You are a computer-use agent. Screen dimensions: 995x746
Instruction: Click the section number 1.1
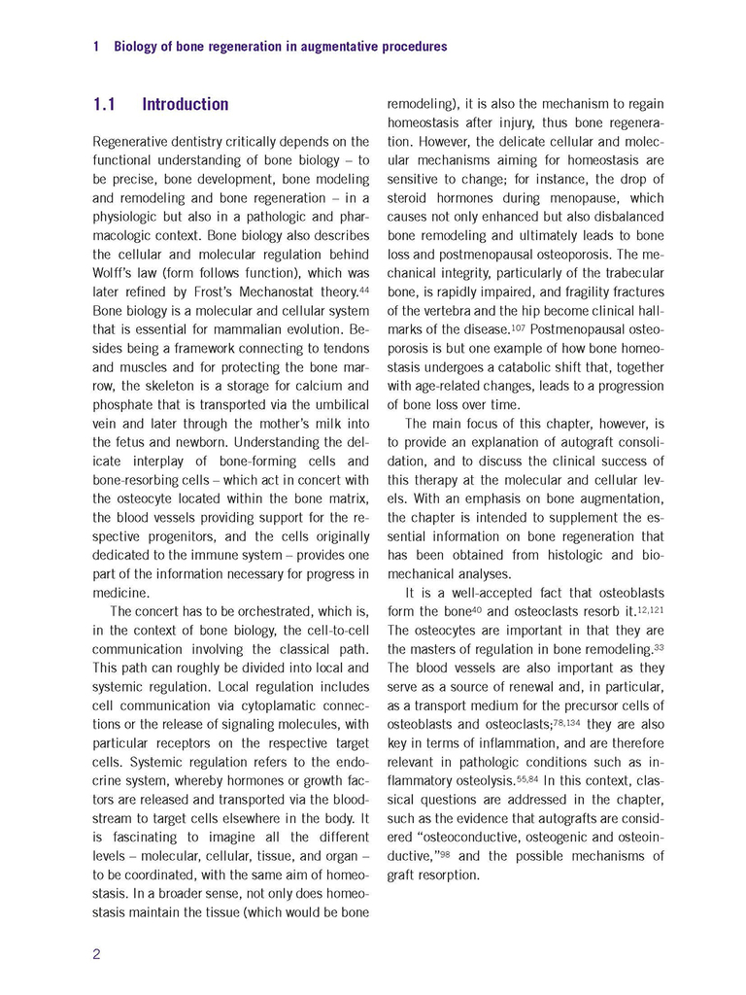(x=105, y=104)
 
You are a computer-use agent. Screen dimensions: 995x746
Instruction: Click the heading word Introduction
(x=185, y=104)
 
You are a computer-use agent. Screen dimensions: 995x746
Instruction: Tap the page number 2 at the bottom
(x=97, y=953)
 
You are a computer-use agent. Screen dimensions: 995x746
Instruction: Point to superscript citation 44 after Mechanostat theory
(x=364, y=290)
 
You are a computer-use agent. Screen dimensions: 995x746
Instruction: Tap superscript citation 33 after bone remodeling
(x=659, y=646)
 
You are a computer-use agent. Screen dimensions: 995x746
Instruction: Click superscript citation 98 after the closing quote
(x=445, y=853)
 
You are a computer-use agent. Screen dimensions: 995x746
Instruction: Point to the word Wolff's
(x=116, y=274)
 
